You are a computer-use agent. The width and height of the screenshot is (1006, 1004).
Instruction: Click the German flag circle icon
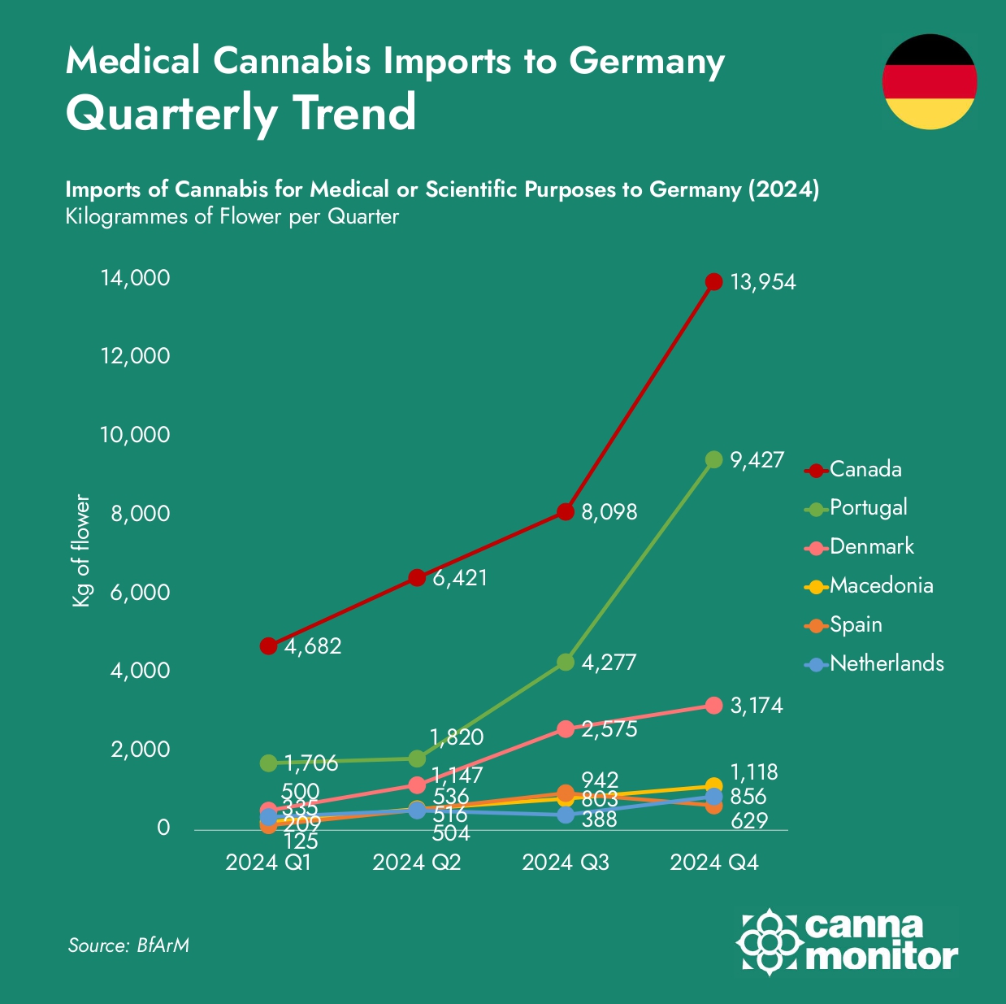click(930, 81)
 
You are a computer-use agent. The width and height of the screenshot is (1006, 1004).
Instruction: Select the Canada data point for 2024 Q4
click(713, 282)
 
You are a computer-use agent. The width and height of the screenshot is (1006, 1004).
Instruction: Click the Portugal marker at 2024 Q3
click(566, 662)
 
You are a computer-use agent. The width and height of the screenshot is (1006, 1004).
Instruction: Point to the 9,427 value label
click(757, 460)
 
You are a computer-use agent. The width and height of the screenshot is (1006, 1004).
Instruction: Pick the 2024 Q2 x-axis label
click(417, 863)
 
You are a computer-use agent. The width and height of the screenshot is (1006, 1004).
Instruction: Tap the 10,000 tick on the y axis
click(135, 435)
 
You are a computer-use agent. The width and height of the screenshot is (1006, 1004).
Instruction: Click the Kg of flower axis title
click(80, 550)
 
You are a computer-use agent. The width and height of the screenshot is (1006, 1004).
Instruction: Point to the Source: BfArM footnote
click(128, 945)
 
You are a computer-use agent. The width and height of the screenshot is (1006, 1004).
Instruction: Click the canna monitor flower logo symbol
click(769, 941)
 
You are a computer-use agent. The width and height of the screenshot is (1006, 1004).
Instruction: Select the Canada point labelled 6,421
click(417, 578)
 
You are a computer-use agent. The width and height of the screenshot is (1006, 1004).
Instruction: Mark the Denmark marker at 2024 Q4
click(713, 705)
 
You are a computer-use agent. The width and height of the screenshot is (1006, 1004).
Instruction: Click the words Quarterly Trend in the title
click(241, 113)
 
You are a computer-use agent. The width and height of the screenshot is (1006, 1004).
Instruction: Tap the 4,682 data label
click(313, 646)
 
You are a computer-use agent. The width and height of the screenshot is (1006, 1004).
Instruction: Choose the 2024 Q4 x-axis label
click(713, 863)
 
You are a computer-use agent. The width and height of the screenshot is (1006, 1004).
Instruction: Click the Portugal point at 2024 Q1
click(268, 763)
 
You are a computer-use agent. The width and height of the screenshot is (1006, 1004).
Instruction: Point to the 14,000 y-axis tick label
click(135, 278)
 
